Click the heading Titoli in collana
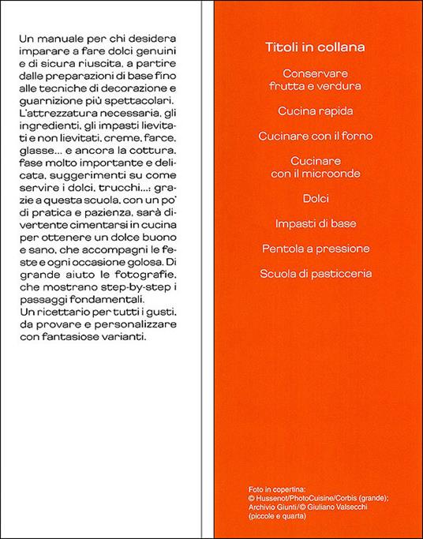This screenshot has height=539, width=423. pos(309,48)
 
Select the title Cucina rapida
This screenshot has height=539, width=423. pos(309,110)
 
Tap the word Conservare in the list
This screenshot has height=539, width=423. pos(309,73)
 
